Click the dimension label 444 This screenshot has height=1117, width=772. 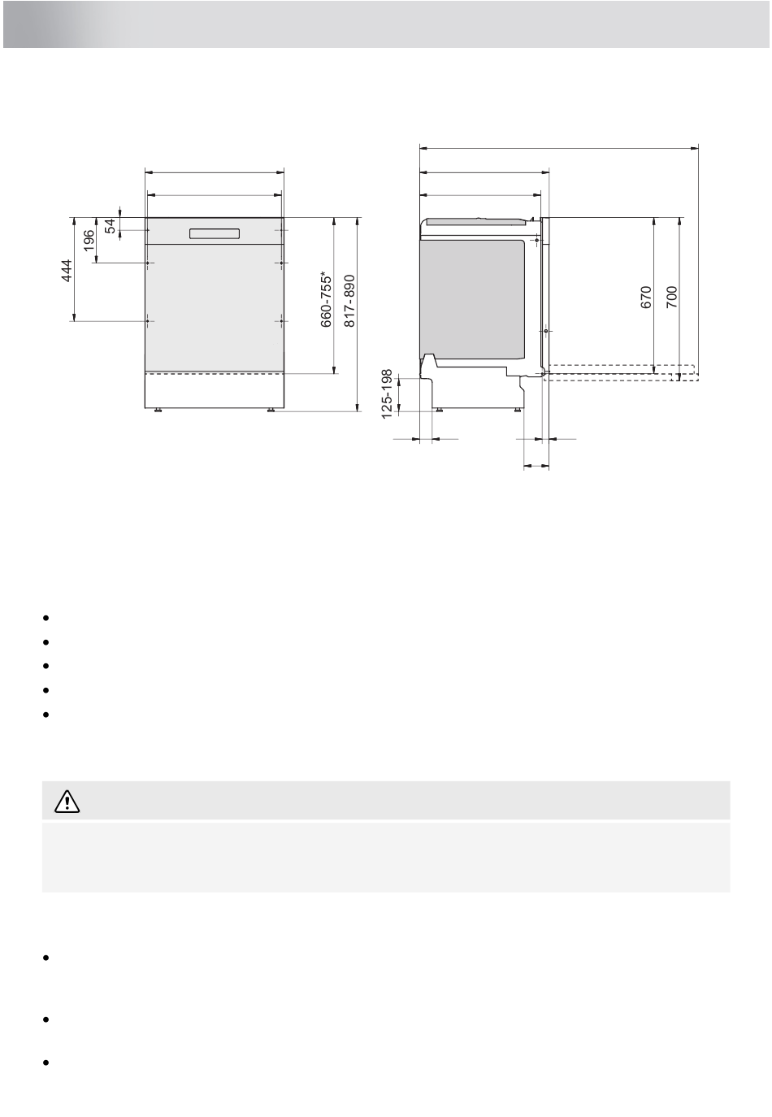67,270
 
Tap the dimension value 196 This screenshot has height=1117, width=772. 89,241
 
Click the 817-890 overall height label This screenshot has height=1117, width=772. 350,301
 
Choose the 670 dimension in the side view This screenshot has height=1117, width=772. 646,298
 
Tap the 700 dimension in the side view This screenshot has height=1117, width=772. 672,297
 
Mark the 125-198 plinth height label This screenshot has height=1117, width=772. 387,394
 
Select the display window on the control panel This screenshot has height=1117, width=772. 215,233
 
